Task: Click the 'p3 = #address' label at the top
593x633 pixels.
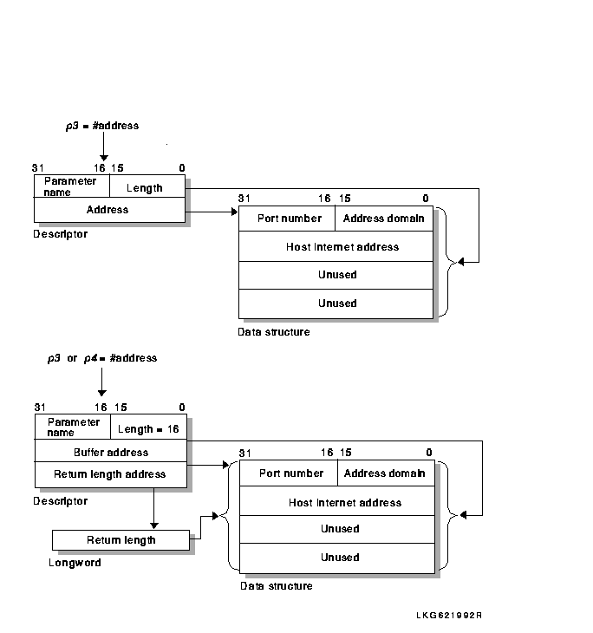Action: click(x=102, y=126)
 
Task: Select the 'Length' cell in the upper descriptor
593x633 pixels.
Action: click(x=147, y=186)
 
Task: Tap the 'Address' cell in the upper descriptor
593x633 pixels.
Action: click(x=109, y=210)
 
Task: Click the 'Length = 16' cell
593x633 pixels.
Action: click(x=148, y=427)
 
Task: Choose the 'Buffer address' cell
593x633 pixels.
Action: click(x=111, y=451)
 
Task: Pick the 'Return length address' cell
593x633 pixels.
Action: click(x=111, y=475)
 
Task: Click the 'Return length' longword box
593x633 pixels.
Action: click(x=121, y=540)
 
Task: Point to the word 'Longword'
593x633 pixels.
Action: click(x=75, y=563)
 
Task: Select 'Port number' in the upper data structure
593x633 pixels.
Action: click(x=290, y=219)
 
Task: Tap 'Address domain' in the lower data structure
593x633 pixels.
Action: click(x=384, y=473)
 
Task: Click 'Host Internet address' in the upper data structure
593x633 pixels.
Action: click(x=342, y=246)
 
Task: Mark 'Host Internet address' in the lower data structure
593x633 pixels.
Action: click(x=345, y=503)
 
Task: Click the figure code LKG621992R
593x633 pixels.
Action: click(x=449, y=616)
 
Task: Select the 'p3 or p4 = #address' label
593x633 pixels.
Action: click(x=102, y=358)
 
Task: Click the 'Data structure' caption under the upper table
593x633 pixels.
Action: click(x=274, y=332)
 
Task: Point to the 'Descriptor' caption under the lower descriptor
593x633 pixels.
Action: click(x=60, y=501)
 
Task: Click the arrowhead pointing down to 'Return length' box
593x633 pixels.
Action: click(x=153, y=525)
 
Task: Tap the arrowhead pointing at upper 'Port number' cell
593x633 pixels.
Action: click(x=235, y=212)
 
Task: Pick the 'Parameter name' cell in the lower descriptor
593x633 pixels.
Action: click(x=73, y=427)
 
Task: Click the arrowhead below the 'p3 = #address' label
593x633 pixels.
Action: click(x=104, y=158)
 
